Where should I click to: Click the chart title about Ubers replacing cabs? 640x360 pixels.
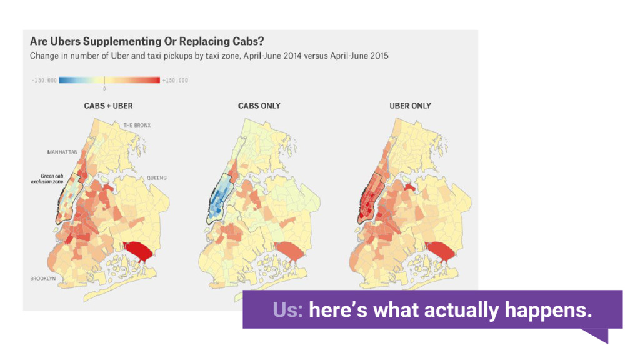pos(147,42)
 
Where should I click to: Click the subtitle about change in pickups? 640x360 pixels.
pos(209,56)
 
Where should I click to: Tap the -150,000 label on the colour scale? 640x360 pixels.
pos(44,81)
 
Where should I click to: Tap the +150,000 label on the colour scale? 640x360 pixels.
pos(175,81)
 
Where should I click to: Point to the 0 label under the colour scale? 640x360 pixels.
pos(104,89)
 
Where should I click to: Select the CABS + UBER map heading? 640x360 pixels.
pos(108,106)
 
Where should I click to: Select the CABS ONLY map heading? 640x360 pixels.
pos(259,106)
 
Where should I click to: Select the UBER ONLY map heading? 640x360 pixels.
pos(410,106)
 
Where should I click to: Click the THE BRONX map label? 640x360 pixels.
pos(137,125)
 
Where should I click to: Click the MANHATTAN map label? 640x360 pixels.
pos(62,152)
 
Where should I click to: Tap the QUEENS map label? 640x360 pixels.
pos(157,178)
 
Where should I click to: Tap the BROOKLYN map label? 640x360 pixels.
pos(43,279)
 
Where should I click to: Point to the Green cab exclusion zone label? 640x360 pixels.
pos(47,179)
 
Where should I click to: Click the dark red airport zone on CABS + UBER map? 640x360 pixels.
pos(139,251)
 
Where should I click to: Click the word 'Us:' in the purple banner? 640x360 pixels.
pos(287,310)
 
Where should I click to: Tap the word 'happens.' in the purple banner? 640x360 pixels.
pos(548,310)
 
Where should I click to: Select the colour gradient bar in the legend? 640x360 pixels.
pos(109,81)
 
